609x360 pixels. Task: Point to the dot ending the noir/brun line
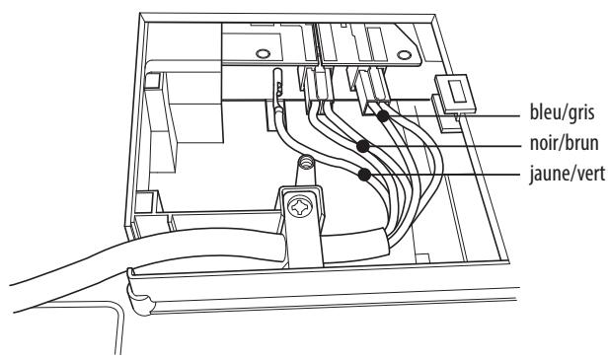pos(364,146)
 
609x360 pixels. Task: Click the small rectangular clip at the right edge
pos(455,97)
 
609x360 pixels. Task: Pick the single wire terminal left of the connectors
pos(279,89)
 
